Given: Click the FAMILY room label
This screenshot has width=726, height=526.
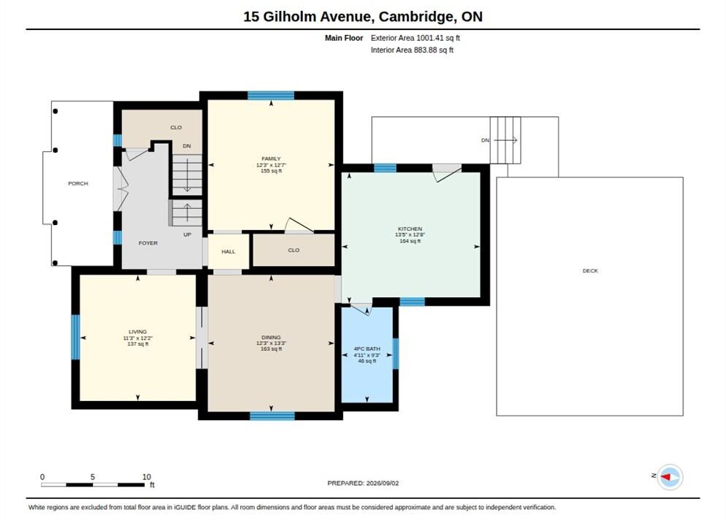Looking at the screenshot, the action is pyautogui.click(x=271, y=159).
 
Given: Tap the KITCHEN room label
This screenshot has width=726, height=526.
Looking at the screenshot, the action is pyautogui.click(x=410, y=229).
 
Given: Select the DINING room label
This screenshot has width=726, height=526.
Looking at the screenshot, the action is pyautogui.click(x=271, y=338).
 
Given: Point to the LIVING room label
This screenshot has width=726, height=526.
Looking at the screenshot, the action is pyautogui.click(x=137, y=332).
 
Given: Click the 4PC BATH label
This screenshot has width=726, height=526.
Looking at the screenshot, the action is pyautogui.click(x=367, y=348).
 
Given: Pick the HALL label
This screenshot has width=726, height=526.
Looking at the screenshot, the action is pyautogui.click(x=229, y=251).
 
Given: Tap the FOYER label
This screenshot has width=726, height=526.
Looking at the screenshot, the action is pyautogui.click(x=148, y=243).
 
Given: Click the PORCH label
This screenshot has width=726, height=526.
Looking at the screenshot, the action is pyautogui.click(x=77, y=183).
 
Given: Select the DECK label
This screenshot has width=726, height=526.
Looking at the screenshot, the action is pyautogui.click(x=590, y=270).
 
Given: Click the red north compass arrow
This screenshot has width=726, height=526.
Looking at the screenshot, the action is pyautogui.click(x=666, y=476).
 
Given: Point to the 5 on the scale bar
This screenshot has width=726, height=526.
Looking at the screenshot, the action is pyautogui.click(x=93, y=477).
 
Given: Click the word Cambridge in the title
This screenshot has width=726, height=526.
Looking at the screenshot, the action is pyautogui.click(x=416, y=17).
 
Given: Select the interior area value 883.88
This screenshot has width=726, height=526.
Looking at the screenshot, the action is pyautogui.click(x=426, y=50).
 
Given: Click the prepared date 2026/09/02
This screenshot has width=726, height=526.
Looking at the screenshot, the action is pyautogui.click(x=383, y=483).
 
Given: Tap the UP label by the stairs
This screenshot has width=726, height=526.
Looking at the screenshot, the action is pyautogui.click(x=187, y=235).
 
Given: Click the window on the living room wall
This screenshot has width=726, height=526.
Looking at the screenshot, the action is pyautogui.click(x=75, y=337).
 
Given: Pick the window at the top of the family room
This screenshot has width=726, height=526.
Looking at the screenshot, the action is pyautogui.click(x=271, y=96).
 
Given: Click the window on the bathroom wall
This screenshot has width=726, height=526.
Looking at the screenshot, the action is pyautogui.click(x=395, y=354).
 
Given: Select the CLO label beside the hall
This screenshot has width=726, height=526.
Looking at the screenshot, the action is pyautogui.click(x=294, y=250).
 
